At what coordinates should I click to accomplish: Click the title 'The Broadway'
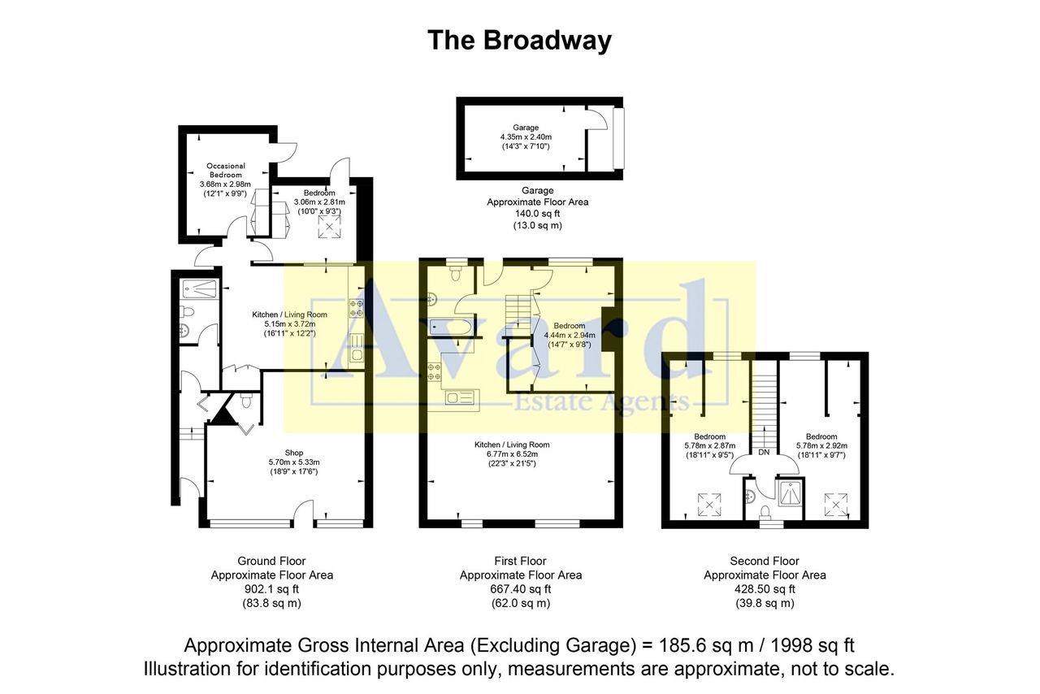(x=519, y=40)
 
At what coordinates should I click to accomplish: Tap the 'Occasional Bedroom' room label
(x=225, y=171)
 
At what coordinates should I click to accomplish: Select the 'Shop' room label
(x=293, y=453)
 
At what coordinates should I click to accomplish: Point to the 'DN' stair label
(x=764, y=452)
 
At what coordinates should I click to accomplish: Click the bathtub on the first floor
(x=450, y=328)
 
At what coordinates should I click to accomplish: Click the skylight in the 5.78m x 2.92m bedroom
(x=836, y=505)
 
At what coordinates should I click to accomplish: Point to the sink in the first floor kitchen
(x=462, y=397)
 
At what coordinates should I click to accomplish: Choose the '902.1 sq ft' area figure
(x=271, y=589)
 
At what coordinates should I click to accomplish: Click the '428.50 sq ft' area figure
(x=764, y=589)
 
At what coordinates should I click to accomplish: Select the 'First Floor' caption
(x=520, y=561)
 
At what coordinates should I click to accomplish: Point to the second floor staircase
(x=764, y=402)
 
